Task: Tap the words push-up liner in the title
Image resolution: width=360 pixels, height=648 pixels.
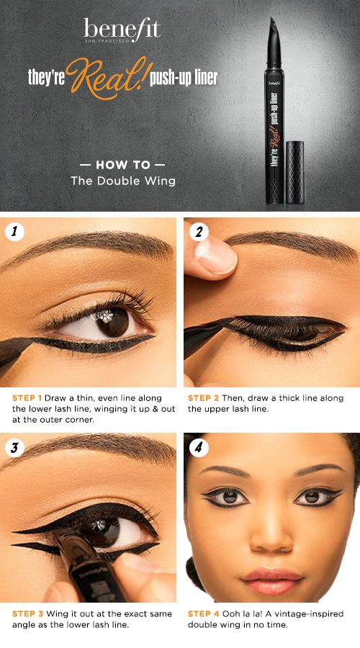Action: coord(184,78)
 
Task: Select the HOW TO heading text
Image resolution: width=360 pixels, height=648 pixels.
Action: coord(122,164)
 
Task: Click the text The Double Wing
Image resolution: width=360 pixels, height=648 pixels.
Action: coord(122,181)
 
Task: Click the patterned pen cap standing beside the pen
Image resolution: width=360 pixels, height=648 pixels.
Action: coord(294,172)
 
